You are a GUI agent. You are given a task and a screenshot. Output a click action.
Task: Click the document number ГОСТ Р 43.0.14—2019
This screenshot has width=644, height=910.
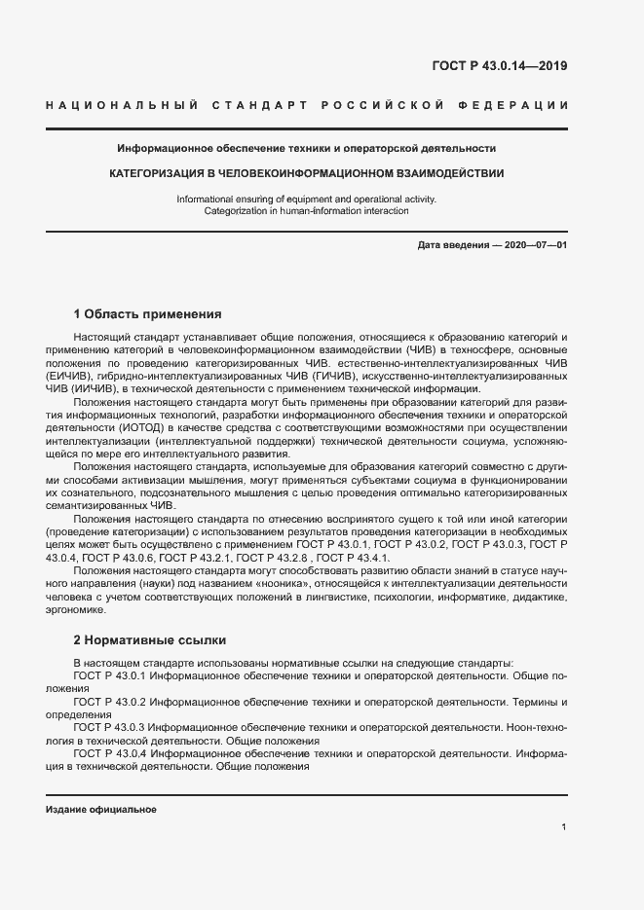[x=499, y=67]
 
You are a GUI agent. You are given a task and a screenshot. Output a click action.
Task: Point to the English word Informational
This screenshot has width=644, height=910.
[x=208, y=199]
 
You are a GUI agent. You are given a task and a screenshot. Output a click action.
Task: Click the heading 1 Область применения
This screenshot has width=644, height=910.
[x=147, y=314]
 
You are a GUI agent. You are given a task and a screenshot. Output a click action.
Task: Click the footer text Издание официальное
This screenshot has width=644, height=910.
[x=101, y=810]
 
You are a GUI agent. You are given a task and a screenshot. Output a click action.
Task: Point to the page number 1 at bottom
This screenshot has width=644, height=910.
[x=563, y=826]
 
